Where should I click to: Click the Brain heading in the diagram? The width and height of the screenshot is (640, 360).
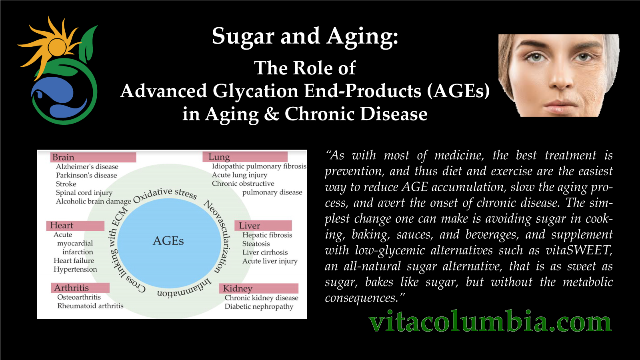point(93,157)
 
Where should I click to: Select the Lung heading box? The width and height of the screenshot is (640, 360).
point(245,157)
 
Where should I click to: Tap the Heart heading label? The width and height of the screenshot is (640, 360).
point(76,226)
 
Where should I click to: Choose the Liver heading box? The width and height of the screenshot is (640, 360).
point(263,226)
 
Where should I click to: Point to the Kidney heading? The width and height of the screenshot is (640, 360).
point(259,288)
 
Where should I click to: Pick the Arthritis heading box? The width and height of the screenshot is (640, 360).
point(80,288)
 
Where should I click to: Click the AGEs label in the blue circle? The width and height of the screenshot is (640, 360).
point(168,241)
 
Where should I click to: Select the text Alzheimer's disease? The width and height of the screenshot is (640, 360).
point(87,166)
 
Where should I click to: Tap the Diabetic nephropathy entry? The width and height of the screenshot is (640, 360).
point(259,306)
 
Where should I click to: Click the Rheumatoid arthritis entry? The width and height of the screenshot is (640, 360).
point(90,306)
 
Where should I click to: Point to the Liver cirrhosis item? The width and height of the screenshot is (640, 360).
point(265,252)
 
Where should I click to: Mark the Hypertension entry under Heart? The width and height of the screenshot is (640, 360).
point(76,270)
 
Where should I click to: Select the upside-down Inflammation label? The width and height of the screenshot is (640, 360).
point(184,290)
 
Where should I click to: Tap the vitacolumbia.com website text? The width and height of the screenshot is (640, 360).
point(490,322)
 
